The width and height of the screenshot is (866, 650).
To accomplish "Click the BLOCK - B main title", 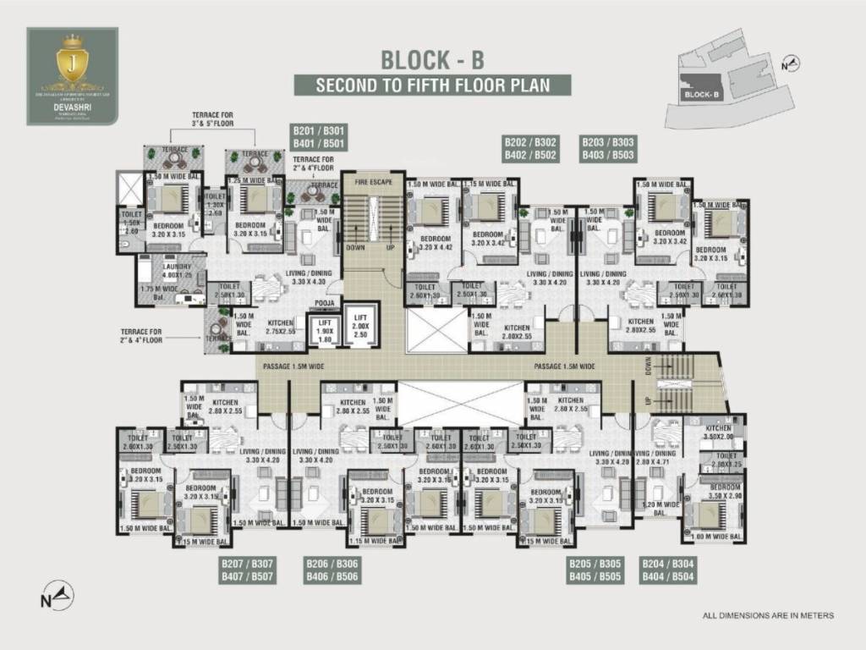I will (x=432, y=60).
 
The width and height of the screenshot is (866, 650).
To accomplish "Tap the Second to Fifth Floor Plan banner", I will (x=432, y=85).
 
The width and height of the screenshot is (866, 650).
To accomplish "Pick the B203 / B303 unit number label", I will (x=608, y=148).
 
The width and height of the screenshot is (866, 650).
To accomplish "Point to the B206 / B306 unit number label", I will (x=332, y=570).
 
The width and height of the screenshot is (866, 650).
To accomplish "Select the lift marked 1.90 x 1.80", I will (x=325, y=329).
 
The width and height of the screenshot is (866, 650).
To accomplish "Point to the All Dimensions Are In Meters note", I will (x=768, y=615).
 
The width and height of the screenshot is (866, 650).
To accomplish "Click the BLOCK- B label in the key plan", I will (x=702, y=95).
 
